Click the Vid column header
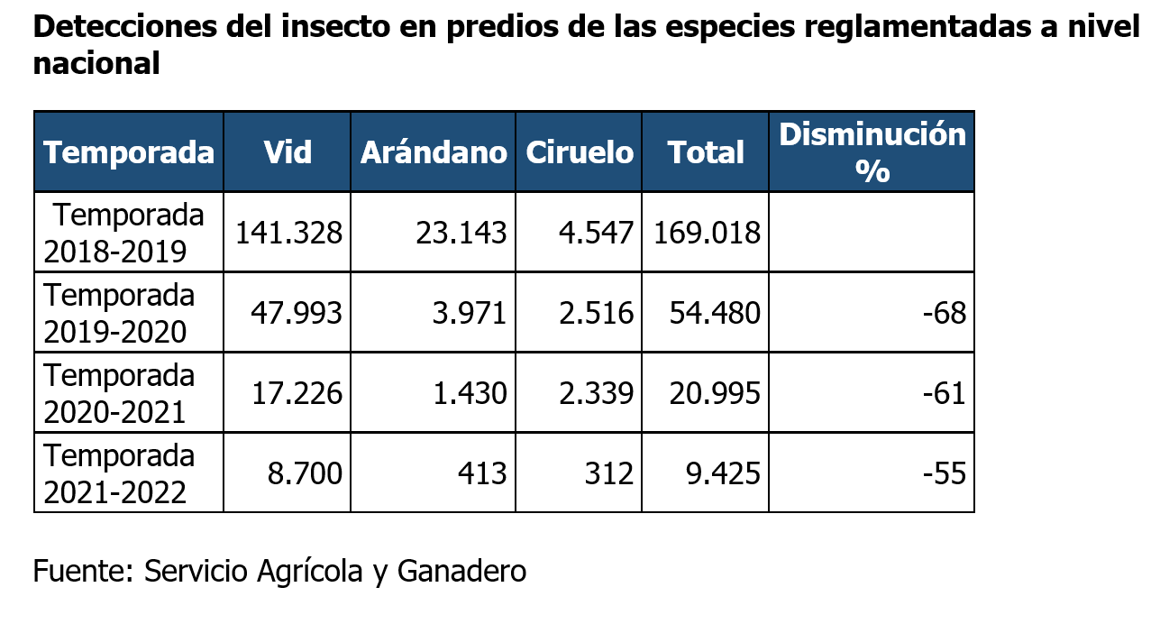tap(288, 151)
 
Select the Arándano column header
tap(434, 152)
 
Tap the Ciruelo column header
tap(580, 151)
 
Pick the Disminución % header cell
tap(872, 151)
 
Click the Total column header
tap(706, 152)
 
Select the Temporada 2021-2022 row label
tap(120, 473)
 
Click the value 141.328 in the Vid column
tap(288, 234)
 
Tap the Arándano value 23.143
tap(461, 234)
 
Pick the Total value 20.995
tap(715, 393)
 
